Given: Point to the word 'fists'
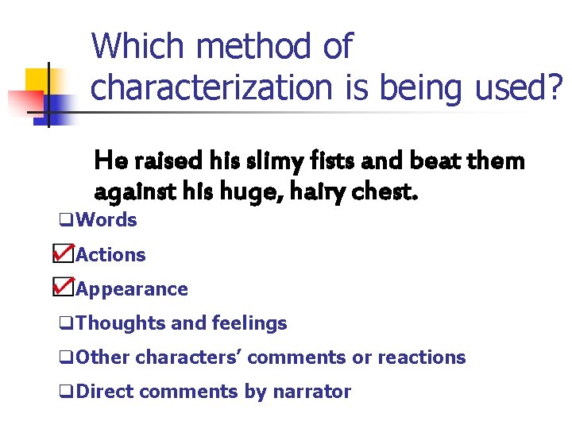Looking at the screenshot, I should pos(327,161).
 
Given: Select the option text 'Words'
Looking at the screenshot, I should pos(107,220).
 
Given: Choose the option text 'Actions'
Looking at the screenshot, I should pos(110,255).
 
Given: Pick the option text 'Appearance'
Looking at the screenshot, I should pos(132,289).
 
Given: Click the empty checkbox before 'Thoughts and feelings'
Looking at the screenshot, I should pos(66,324).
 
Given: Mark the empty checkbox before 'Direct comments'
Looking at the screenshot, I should pos(66,392).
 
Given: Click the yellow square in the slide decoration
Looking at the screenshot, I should pos(37,79).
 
